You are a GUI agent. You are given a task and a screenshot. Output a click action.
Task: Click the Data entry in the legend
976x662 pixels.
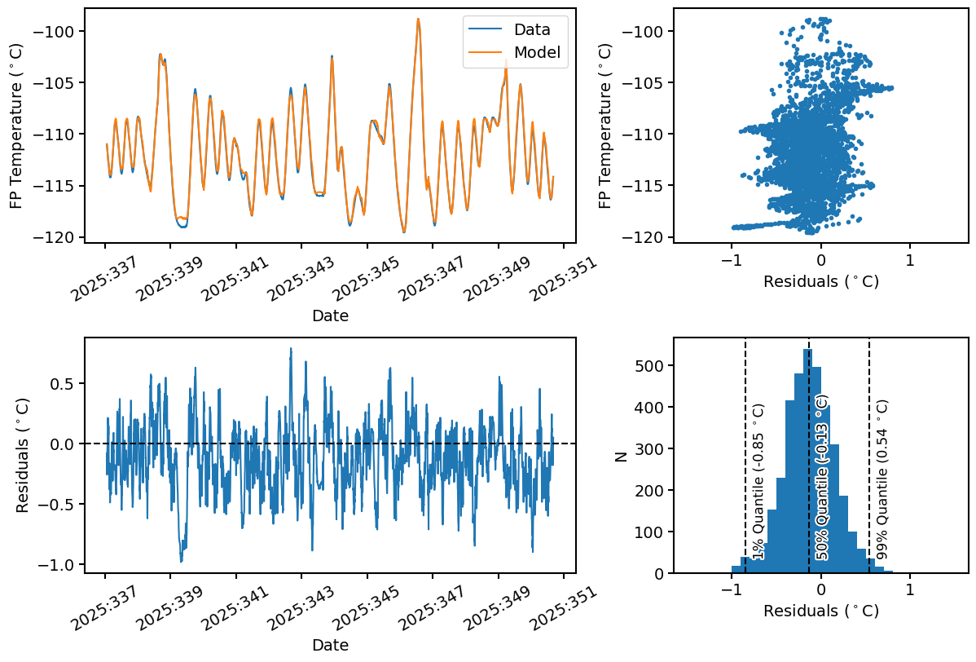tap(531, 30)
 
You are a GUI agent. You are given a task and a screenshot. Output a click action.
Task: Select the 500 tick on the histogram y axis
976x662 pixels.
tap(651, 407)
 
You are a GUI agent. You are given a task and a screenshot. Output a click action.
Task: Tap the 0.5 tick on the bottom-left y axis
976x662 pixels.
tap(69, 383)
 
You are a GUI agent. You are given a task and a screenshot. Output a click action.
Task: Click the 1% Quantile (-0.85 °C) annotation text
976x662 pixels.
tap(758, 481)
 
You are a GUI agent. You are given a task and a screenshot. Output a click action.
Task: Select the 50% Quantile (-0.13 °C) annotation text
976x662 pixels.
tap(822, 478)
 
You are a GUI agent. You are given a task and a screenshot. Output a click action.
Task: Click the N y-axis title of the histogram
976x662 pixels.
tap(621, 457)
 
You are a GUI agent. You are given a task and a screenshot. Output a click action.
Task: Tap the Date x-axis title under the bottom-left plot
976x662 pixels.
tap(330, 645)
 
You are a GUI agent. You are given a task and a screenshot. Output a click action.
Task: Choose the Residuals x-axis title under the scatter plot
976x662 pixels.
tap(820, 282)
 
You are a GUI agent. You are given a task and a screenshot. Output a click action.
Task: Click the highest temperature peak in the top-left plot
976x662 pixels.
tap(418, 20)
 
